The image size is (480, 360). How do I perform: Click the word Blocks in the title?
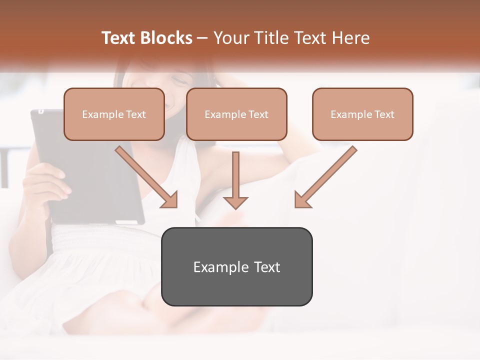pyautogui.click(x=166, y=38)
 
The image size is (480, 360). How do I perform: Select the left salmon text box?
pyautogui.click(x=114, y=114)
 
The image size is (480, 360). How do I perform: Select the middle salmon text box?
pyautogui.click(x=236, y=114)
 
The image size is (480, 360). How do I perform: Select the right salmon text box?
pyautogui.click(x=362, y=114)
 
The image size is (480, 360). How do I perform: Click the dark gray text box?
pyautogui.click(x=236, y=266)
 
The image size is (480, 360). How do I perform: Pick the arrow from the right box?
pyautogui.click(x=326, y=176)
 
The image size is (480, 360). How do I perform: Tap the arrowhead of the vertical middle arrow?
pyautogui.click(x=235, y=202)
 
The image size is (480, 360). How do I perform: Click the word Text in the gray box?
pyautogui.click(x=267, y=267)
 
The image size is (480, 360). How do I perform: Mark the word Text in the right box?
pyautogui.click(x=384, y=114)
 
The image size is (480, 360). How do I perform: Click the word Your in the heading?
pyautogui.click(x=229, y=38)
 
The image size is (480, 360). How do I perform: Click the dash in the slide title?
pyautogui.click(x=202, y=38)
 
